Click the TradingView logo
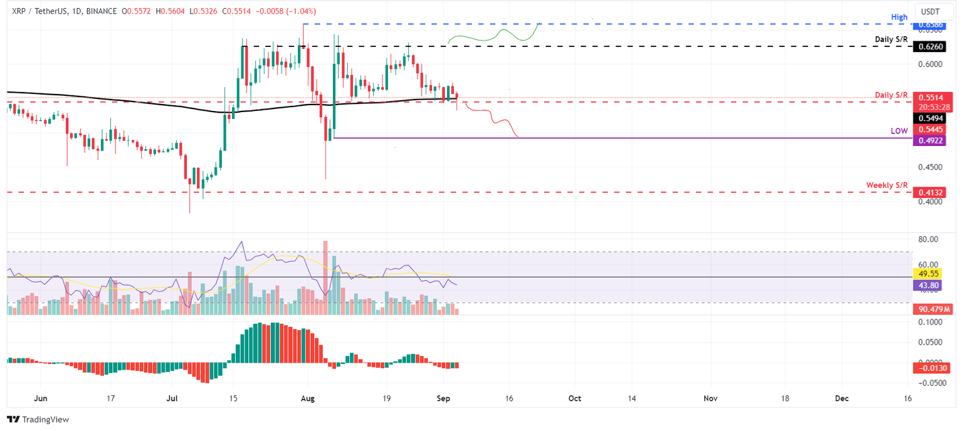(38, 420)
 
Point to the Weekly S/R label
(887, 185)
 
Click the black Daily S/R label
(891, 39)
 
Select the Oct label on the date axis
(574, 398)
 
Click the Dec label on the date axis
(841, 398)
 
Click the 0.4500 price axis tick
(929, 167)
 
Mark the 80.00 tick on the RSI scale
(928, 239)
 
